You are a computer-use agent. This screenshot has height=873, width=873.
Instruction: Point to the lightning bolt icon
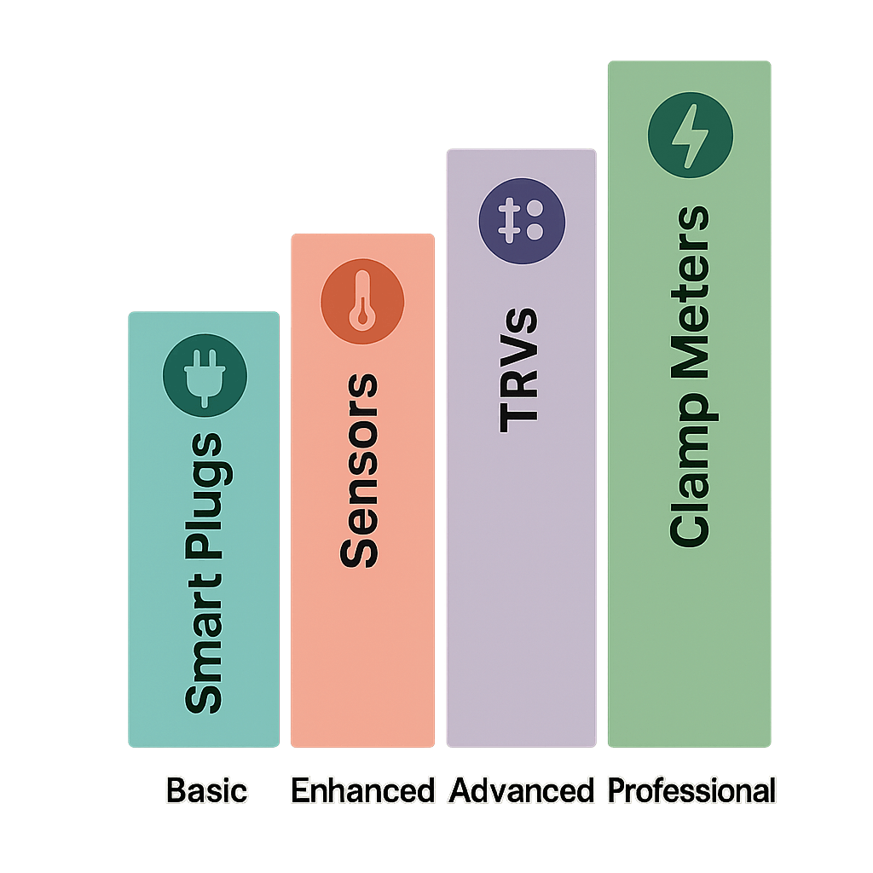point(690,136)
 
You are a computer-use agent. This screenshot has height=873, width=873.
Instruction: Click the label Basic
point(207,790)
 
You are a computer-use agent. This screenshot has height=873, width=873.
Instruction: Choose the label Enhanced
point(362,790)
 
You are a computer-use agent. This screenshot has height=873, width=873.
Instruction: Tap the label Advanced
point(521,790)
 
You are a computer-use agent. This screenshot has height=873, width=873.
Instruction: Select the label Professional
point(691,791)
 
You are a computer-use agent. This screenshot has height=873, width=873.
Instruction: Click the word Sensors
point(359,471)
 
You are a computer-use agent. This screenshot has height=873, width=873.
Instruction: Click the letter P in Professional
point(616,790)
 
